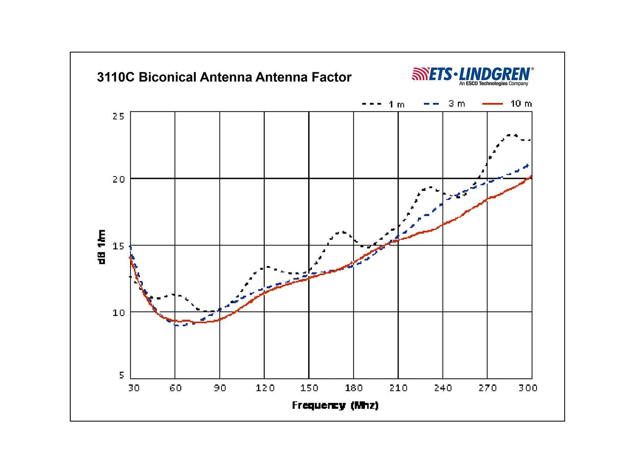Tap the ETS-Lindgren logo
click(x=473, y=75)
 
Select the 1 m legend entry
click(x=383, y=104)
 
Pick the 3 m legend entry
click(x=444, y=104)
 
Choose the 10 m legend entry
click(x=507, y=104)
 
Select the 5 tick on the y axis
click(x=121, y=375)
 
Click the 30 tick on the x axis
click(x=134, y=388)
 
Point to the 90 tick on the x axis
click(x=220, y=388)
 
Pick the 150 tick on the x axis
click(x=309, y=388)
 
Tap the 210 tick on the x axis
click(x=398, y=388)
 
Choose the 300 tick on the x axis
click(x=528, y=388)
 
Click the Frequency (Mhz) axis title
click(x=335, y=405)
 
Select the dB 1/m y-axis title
click(x=102, y=247)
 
